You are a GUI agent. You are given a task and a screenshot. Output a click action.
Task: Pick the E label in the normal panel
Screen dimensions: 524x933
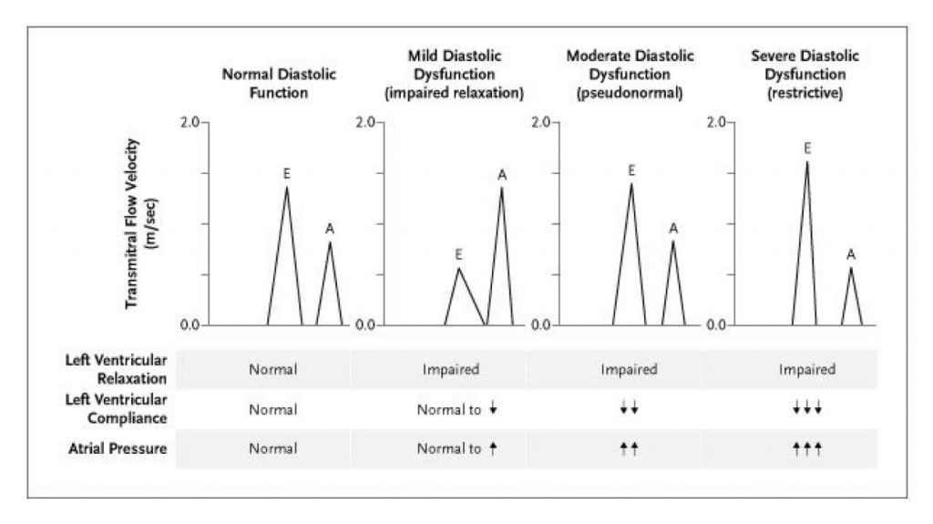pyautogui.click(x=287, y=172)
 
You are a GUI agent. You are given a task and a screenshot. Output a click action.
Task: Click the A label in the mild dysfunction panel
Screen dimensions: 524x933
pyautogui.click(x=501, y=174)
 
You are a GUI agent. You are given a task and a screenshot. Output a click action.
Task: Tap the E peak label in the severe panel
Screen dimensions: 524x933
pyautogui.click(x=807, y=147)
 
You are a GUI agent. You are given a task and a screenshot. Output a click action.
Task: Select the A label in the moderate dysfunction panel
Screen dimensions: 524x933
pyautogui.click(x=673, y=228)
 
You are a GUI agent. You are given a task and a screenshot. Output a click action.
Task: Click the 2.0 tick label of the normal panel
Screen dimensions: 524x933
pyautogui.click(x=190, y=122)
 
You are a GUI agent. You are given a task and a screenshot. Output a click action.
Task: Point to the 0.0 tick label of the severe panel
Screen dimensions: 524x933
pyautogui.click(x=717, y=325)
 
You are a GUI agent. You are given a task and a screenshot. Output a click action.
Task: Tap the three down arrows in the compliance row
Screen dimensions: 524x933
pyautogui.click(x=806, y=410)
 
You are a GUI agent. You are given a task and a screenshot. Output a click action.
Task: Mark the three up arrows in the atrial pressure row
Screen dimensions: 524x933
pyautogui.click(x=806, y=449)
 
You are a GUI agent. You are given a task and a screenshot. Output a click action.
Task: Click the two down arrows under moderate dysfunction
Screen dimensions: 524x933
pyautogui.click(x=629, y=410)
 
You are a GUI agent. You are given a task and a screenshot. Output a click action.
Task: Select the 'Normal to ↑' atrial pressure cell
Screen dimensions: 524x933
pyautogui.click(x=456, y=449)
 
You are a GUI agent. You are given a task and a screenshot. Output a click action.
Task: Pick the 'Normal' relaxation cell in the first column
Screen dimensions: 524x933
pyautogui.click(x=273, y=371)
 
